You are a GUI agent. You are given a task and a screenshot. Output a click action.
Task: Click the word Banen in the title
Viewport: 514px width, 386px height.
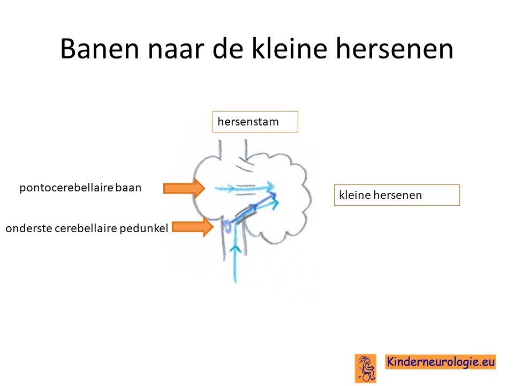tap(100, 49)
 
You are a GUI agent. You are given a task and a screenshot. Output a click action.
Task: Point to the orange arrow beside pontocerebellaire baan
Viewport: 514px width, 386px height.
tap(184, 188)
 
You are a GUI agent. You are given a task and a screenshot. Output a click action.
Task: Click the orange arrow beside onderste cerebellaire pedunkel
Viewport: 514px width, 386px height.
tap(193, 227)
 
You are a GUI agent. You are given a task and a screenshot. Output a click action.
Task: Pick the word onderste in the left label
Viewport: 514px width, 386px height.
tap(29, 228)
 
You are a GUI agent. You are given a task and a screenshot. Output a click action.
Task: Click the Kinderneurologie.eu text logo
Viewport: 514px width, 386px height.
tap(440, 362)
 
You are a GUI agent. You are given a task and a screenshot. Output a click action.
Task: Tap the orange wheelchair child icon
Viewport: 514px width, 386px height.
tap(366, 368)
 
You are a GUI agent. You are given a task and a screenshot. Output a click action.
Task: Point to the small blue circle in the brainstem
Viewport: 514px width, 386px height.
tap(226, 226)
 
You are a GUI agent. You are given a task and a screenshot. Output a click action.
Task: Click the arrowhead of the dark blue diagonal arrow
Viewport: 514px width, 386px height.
tap(273, 196)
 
